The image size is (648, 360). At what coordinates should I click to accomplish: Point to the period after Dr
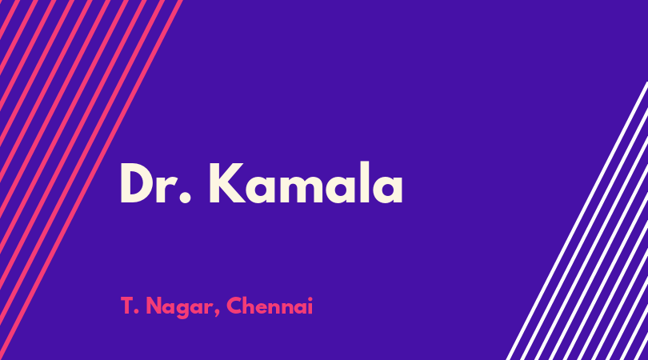coord(186,198)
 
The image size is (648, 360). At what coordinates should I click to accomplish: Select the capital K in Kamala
coord(227,182)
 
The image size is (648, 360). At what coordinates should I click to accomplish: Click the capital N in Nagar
coord(154,306)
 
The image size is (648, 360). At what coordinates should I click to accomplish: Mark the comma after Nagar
coord(217,313)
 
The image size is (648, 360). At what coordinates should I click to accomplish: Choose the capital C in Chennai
coord(234,306)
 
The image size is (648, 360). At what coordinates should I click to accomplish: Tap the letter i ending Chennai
coord(310,306)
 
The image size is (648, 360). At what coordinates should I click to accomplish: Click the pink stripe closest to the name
coord(90,180)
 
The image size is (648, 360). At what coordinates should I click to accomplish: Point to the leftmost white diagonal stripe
coord(577,221)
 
